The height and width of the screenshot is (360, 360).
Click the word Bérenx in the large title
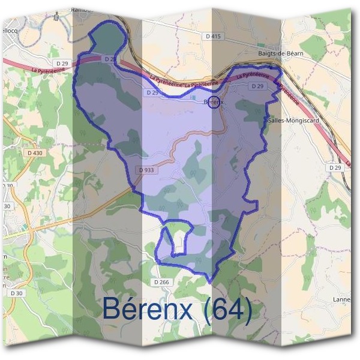coord(148,308)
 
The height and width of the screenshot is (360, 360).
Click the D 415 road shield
coord(213,37)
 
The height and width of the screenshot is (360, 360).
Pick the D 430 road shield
coord(35,153)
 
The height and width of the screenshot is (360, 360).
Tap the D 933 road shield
coord(146,170)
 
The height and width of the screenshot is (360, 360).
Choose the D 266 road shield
coord(161,282)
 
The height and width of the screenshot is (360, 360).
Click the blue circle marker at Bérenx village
coord(215,101)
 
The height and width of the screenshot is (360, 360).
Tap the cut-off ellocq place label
coord(10,30)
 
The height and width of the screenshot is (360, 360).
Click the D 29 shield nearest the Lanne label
coord(335,167)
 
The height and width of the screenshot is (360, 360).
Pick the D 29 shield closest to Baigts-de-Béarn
coord(257,86)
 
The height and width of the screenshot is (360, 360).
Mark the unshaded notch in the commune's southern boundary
coord(180,240)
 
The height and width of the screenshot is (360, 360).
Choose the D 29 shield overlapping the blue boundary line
coord(109,59)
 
